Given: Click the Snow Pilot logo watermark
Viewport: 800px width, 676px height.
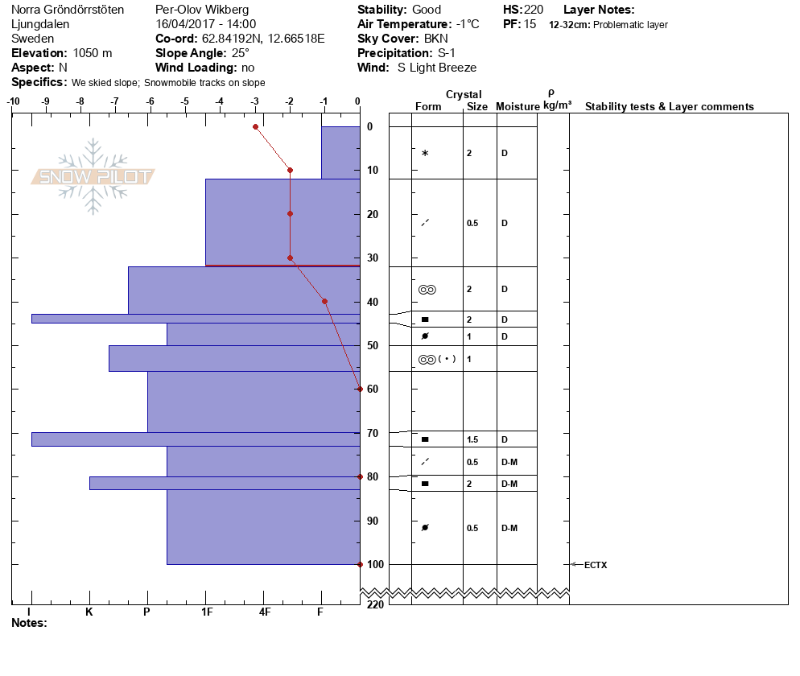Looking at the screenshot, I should click(93, 177).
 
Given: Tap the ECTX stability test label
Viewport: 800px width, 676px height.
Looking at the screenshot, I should click(596, 565).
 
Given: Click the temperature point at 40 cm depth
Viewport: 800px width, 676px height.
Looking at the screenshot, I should click(324, 302).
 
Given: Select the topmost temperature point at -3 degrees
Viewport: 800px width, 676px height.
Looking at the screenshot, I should click(255, 126).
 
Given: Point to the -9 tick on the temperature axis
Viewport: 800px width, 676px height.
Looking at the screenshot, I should click(46, 102).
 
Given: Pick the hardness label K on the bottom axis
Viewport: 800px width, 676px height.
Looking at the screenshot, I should click(89, 612).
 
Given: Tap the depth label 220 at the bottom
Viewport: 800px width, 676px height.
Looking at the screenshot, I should click(374, 604).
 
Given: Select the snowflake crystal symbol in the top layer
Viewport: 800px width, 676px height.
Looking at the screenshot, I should click(425, 153).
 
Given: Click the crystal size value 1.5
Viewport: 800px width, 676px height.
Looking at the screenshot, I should click(472, 439).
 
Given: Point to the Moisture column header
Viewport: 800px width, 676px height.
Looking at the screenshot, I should click(518, 107).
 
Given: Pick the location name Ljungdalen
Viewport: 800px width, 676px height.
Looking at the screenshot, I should click(40, 24).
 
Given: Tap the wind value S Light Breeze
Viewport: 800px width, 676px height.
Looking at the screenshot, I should click(437, 68).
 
